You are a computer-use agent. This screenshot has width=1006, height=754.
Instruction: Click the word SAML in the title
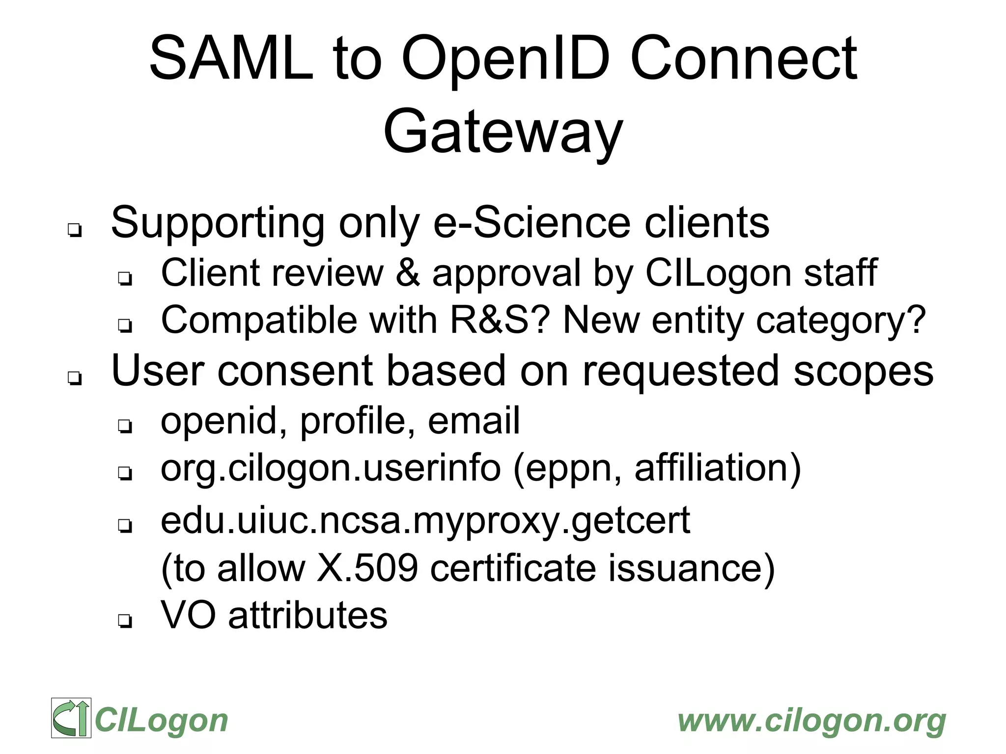coord(231,59)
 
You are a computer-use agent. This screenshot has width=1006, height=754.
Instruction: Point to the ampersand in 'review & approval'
coord(408,273)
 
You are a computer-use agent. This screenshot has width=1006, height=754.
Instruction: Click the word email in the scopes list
coord(474,421)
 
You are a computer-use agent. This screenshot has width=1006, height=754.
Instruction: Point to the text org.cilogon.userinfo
coord(331,469)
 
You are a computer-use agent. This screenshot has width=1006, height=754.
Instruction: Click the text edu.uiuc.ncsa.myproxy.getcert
coord(425,521)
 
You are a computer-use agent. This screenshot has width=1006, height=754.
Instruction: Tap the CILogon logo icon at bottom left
coord(71,718)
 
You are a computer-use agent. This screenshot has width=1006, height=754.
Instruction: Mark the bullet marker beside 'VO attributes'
coord(125,621)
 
